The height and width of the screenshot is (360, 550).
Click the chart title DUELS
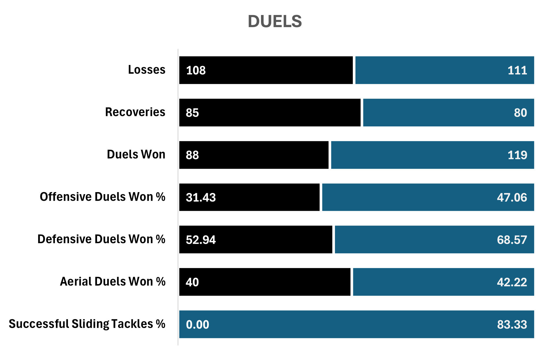point(275,22)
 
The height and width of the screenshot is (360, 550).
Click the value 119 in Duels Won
point(517,155)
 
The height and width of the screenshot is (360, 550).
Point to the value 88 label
point(192,155)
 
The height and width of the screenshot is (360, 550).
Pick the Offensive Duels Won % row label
point(102,197)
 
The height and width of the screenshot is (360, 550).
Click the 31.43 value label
point(201,198)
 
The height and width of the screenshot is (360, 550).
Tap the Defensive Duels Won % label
point(101,239)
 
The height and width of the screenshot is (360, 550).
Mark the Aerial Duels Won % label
point(113,282)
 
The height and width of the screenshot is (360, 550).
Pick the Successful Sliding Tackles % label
point(87,324)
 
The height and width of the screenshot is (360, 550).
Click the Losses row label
point(147,70)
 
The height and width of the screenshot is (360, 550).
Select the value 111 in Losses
point(517,70)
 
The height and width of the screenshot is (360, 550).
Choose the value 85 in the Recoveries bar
point(192,113)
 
